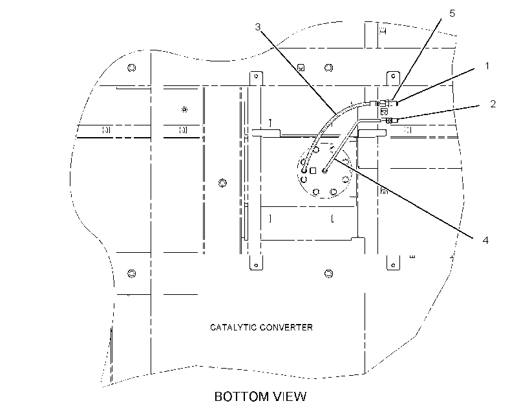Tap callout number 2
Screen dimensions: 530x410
point(493,104)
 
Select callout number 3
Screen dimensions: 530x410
point(258,27)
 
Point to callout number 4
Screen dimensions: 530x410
point(485,240)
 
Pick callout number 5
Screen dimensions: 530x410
point(452,13)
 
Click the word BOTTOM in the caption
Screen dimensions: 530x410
point(241,396)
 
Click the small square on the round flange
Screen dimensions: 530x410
point(313,171)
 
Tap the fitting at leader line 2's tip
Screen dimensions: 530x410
point(392,120)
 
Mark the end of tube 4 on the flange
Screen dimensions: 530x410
point(325,171)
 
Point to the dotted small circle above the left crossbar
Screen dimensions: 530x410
point(184,109)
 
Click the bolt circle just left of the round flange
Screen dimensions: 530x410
point(222,183)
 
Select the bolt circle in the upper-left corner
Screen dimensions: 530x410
point(132,68)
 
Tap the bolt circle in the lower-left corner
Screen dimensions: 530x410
point(132,274)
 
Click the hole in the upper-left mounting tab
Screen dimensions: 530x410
point(256,76)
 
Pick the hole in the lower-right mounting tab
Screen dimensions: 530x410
point(393,265)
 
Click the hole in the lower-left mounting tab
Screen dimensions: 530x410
point(256,265)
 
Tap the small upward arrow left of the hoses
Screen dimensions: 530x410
point(270,122)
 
